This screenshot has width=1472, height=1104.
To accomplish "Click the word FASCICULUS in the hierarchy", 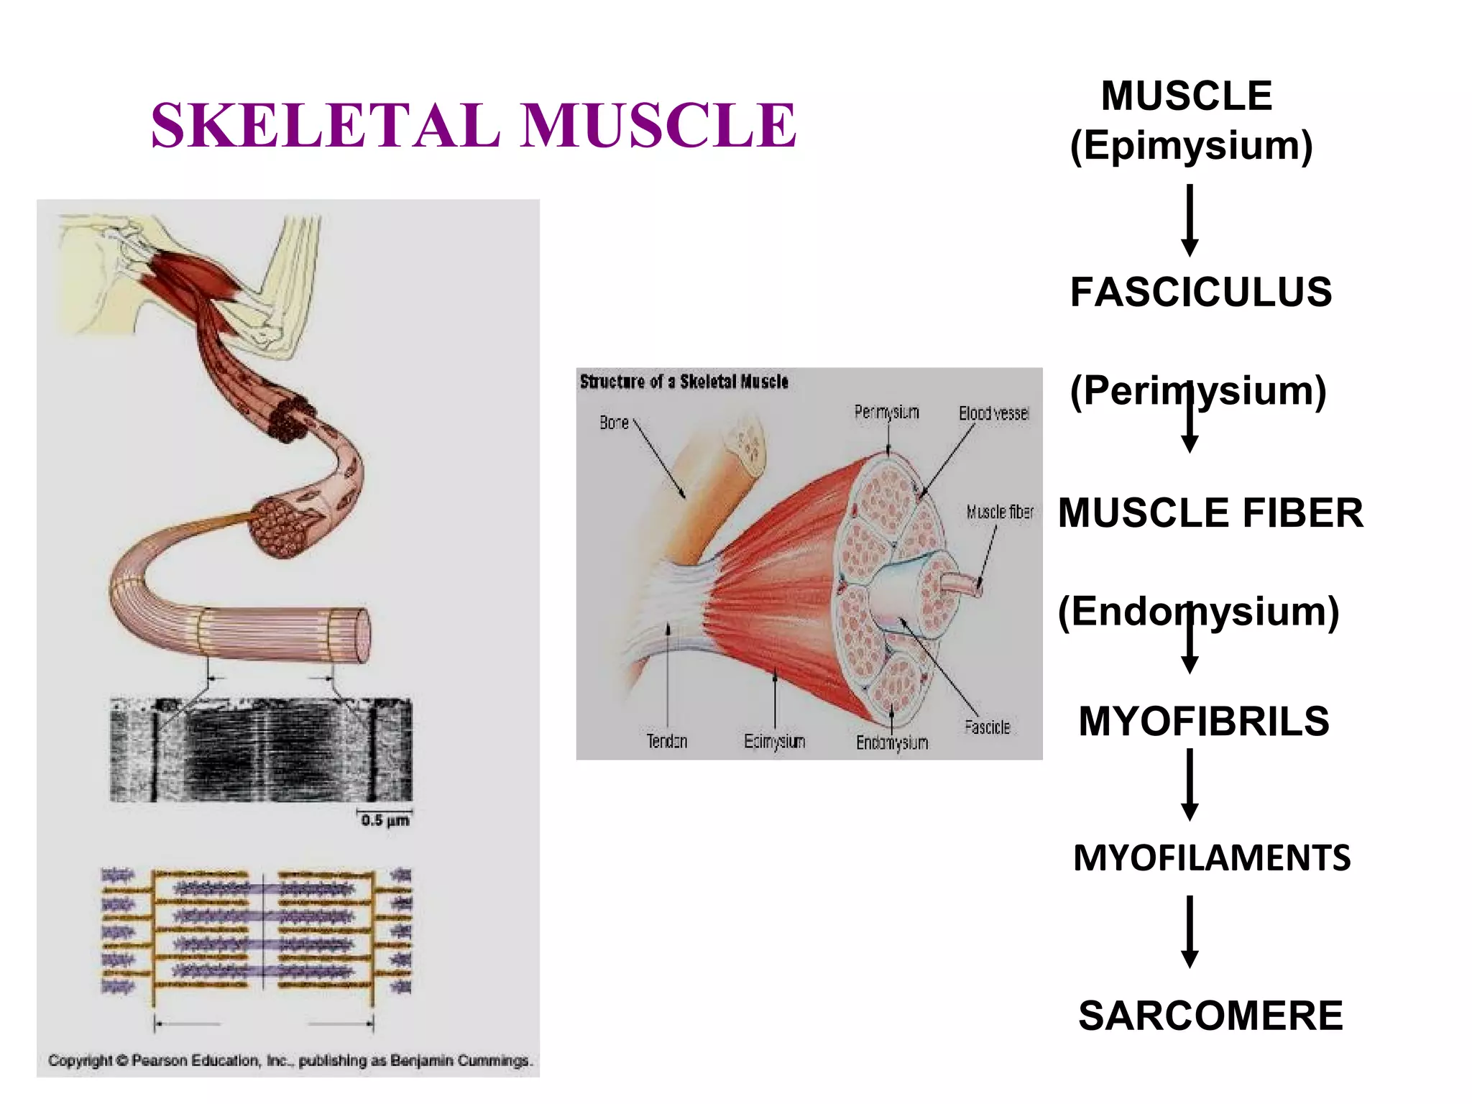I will (1200, 293).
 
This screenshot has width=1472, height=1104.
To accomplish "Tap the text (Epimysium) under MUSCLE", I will (1191, 146).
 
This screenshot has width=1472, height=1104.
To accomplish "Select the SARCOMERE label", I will (1210, 1016).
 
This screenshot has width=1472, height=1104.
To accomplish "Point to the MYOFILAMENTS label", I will (1212, 858).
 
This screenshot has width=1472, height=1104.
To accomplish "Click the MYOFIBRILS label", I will (1204, 722).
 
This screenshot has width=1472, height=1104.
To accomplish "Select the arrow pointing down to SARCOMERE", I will (1190, 932).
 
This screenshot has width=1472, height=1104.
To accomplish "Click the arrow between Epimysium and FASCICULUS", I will (1190, 220).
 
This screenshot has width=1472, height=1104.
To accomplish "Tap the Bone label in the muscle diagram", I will (614, 423).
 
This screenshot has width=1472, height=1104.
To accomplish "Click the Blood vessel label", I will (994, 413).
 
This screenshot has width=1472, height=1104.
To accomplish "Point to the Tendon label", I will (666, 741).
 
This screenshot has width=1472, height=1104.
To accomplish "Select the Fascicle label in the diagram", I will (987, 727).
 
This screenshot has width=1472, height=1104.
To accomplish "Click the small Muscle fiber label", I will (1000, 512).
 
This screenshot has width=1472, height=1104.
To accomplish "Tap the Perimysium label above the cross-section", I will (886, 412).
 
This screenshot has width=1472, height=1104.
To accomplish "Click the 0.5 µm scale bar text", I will (385, 820).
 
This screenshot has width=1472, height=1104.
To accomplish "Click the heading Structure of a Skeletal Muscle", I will (684, 382).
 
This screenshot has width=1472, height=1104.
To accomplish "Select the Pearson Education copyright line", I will (289, 1060).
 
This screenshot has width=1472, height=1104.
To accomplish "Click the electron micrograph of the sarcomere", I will (261, 750).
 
